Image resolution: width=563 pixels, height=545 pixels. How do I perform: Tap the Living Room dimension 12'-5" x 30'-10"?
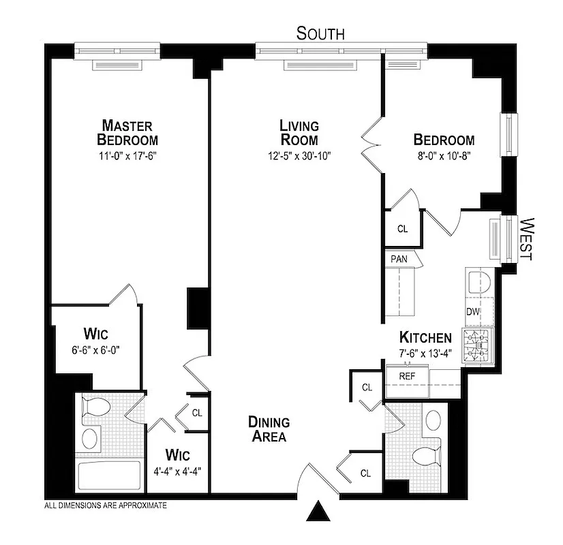pos(299,155)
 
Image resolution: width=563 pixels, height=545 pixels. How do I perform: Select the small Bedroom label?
pos(444,140)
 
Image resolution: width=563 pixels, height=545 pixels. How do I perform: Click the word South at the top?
pos(320,33)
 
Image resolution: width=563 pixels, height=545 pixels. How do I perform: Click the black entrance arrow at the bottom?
pos(318,510)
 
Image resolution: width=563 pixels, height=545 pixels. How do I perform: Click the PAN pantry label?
pos(399,259)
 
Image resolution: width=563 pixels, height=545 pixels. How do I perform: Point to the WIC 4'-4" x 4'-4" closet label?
pos(175,461)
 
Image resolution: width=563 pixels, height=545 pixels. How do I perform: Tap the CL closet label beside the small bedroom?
pos(402,229)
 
